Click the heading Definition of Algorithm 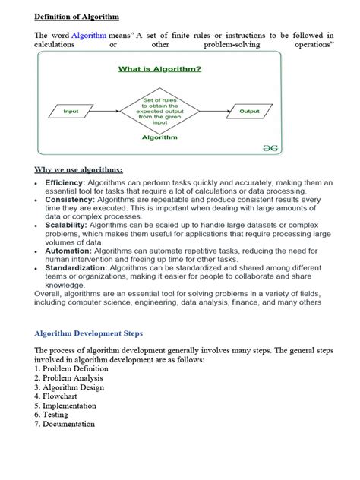pyautogui.click(x=77, y=16)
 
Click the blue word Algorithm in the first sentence pyautogui.click(x=90, y=36)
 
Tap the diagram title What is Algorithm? pyautogui.click(x=159, y=69)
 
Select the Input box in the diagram pyautogui.click(x=71, y=112)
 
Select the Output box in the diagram pyautogui.click(x=249, y=112)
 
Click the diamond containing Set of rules pyautogui.click(x=160, y=112)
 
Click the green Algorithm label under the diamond pyautogui.click(x=160, y=137)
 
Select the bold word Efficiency pyautogui.click(x=65, y=183)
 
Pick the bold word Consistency pyautogui.click(x=68, y=200)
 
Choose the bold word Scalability pyautogui.click(x=66, y=226)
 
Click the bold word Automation pyautogui.click(x=68, y=251)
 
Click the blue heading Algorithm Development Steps pyautogui.click(x=90, y=333)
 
